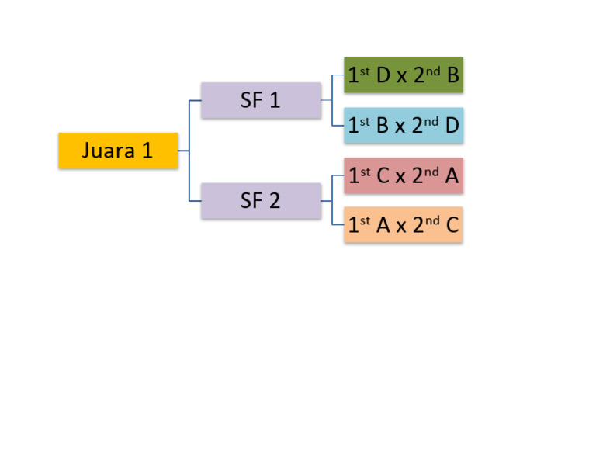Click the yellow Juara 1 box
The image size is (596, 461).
click(x=118, y=151)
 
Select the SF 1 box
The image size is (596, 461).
click(x=261, y=100)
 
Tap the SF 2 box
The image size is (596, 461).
click(x=261, y=201)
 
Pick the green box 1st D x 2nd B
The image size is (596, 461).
click(x=404, y=75)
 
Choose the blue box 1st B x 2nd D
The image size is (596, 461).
click(x=404, y=126)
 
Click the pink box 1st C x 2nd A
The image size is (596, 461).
click(x=404, y=176)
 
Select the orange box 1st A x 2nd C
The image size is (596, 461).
click(x=404, y=226)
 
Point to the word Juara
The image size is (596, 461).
click(x=109, y=151)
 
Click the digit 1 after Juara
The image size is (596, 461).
click(x=147, y=151)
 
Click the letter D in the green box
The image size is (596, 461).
click(x=383, y=75)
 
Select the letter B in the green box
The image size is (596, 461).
click(x=453, y=75)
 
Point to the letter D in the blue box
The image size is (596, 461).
click(x=452, y=126)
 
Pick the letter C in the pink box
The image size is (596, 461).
click(x=383, y=176)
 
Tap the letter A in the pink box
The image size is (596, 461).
click(x=452, y=176)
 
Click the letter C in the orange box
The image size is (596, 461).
click(x=452, y=226)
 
